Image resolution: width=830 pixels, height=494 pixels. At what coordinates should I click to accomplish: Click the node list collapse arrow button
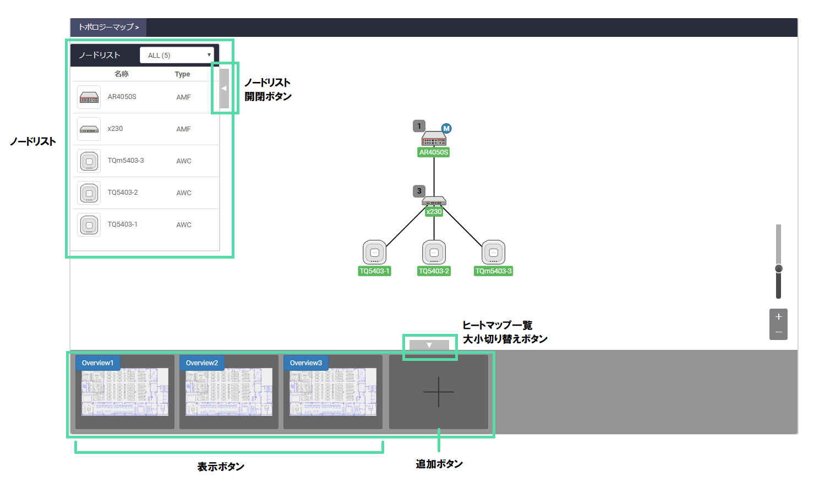224,88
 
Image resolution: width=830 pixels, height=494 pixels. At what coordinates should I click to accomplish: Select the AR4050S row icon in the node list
89,97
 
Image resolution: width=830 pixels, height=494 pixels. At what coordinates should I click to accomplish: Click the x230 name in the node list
115,129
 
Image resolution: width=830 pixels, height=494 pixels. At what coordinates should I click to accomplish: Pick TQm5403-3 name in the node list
125,161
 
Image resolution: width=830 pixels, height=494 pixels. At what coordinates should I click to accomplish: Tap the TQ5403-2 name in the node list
123,193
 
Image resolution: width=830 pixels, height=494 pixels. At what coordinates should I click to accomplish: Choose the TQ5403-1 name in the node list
123,224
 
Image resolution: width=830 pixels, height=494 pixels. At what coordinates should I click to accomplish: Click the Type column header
182,74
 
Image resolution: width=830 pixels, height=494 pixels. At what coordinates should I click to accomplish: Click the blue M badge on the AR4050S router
446,128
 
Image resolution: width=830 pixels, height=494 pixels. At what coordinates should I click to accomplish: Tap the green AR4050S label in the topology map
434,152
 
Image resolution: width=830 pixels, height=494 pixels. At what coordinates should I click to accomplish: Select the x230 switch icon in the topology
434,201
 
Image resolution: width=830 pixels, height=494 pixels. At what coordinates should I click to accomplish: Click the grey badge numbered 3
419,191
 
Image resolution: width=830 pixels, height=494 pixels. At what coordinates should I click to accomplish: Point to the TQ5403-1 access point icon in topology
375,253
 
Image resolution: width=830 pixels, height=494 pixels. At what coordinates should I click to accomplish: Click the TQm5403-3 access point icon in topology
494,253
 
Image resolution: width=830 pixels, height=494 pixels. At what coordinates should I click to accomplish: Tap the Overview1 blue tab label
97,363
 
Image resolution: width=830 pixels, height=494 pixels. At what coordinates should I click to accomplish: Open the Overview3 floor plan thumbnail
333,392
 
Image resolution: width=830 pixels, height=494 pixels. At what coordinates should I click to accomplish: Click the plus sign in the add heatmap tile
439,392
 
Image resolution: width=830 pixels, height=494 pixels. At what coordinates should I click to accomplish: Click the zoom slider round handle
778,268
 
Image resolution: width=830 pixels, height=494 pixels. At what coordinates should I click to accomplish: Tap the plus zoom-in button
778,317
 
